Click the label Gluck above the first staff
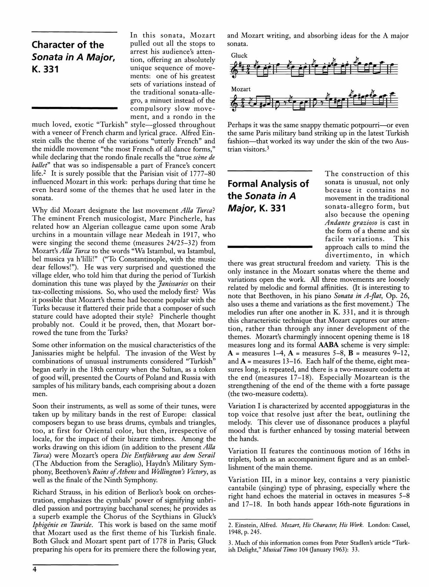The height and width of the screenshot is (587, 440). point(239,55)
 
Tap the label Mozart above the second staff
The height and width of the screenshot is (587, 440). point(241,89)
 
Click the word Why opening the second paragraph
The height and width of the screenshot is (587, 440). point(39,210)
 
